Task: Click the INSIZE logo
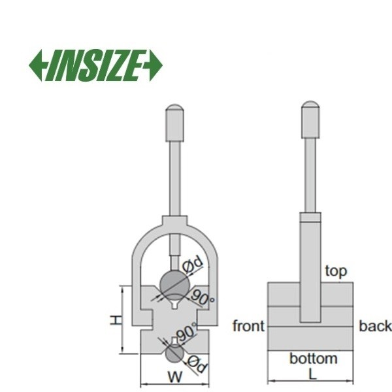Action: pyautogui.click(x=96, y=65)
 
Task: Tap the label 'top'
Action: pyautogui.click(x=336, y=271)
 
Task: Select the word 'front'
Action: pyautogui.click(x=248, y=326)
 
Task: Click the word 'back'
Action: pyautogui.click(x=375, y=326)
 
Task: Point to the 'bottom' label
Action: pyautogui.click(x=314, y=359)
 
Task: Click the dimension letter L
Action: pyautogui.click(x=312, y=374)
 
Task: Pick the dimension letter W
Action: pyautogui.click(x=175, y=377)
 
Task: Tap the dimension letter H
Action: pyautogui.click(x=116, y=320)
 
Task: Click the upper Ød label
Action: pyautogui.click(x=192, y=265)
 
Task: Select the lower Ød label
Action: pyautogui.click(x=197, y=365)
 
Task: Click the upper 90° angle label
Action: pyautogui.click(x=202, y=297)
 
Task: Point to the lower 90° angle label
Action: pyautogui.click(x=187, y=332)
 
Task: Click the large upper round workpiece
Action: pyautogui.click(x=174, y=284)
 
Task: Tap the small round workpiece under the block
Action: pyautogui.click(x=174, y=353)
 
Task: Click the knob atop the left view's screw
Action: pyautogui.click(x=175, y=123)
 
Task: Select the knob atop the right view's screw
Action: pyautogui.click(x=310, y=120)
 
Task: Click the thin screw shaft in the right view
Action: pyautogui.click(x=310, y=176)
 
